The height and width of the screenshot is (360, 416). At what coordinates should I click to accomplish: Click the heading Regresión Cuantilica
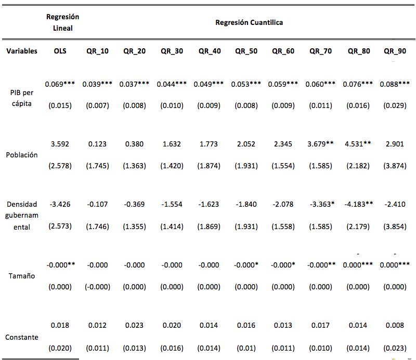click(x=249, y=22)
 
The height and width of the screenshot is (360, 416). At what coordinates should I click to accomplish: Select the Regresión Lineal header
click(x=62, y=22)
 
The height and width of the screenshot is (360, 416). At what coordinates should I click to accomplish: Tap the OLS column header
click(x=60, y=51)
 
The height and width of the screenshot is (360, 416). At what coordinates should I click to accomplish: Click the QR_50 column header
click(x=246, y=51)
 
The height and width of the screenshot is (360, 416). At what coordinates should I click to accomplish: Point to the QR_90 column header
click(x=395, y=51)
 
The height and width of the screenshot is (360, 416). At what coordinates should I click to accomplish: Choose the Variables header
click(x=22, y=51)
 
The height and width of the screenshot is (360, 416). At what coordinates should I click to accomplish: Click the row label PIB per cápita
click(x=22, y=98)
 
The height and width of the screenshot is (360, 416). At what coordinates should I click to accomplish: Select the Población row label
click(x=22, y=155)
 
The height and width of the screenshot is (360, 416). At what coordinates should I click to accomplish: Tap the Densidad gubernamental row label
click(x=22, y=216)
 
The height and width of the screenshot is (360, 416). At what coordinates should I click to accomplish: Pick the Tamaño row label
click(x=22, y=276)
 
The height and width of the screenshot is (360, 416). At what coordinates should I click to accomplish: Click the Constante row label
click(x=22, y=337)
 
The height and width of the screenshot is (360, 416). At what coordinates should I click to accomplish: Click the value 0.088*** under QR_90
click(x=395, y=84)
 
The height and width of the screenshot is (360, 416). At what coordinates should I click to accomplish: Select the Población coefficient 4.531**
click(x=358, y=144)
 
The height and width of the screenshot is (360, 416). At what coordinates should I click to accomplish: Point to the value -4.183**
click(x=359, y=204)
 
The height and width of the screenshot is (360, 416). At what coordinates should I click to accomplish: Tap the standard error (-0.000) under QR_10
click(x=97, y=287)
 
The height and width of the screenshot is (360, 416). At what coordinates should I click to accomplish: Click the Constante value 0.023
click(x=134, y=325)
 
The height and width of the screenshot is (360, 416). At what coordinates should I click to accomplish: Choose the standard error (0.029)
click(x=395, y=105)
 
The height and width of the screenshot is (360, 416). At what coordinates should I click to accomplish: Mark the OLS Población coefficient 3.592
click(x=60, y=144)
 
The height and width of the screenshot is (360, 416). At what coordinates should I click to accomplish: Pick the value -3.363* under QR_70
click(x=322, y=204)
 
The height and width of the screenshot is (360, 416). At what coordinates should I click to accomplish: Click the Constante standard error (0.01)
click(x=246, y=348)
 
